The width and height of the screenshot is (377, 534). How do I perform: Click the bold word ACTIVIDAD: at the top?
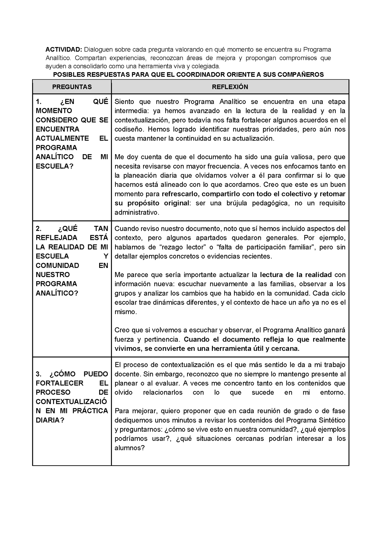coord(64,50)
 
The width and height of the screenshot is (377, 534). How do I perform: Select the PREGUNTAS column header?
coord(72,87)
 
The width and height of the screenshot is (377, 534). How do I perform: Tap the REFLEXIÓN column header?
coord(230,87)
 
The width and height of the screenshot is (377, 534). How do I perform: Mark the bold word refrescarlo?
coord(180,194)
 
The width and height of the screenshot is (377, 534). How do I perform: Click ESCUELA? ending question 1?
coord(55,166)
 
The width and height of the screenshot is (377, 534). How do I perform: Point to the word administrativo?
coord(136,213)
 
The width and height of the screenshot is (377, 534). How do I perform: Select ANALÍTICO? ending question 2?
coord(57,293)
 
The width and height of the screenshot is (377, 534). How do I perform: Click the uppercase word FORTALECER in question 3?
coord(59,383)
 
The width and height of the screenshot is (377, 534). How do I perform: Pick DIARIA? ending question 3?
coord(50,420)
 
